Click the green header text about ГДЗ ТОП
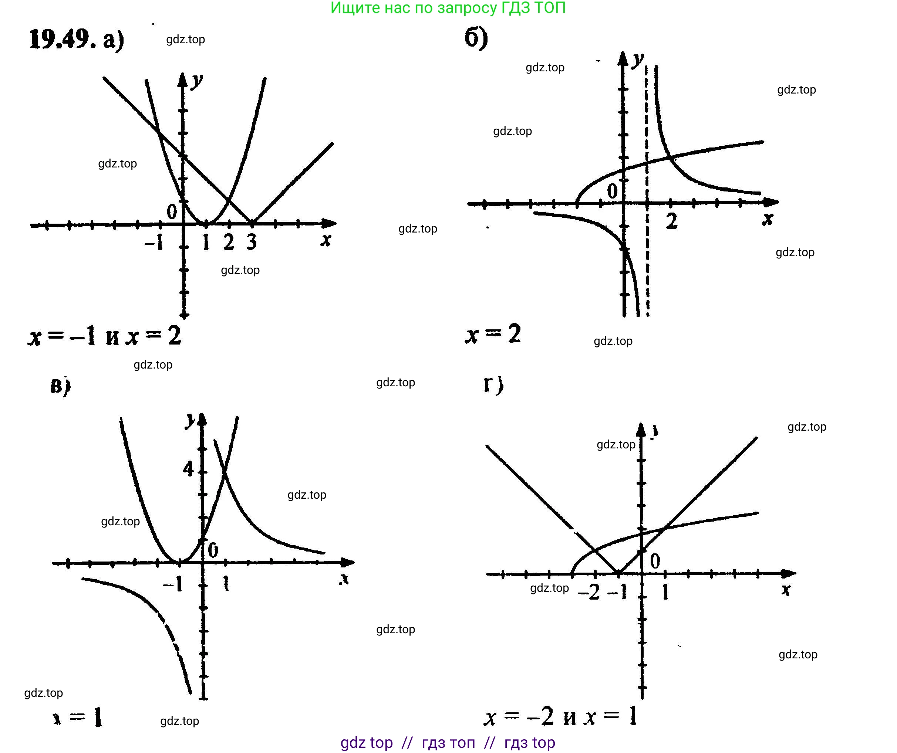click(x=448, y=8)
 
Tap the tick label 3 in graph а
click(x=252, y=242)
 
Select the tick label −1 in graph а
click(x=154, y=243)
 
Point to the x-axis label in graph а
click(x=326, y=240)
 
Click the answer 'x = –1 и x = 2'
click(x=105, y=336)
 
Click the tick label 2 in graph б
click(x=671, y=221)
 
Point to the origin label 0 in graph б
click(x=612, y=191)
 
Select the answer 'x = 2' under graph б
click(x=493, y=334)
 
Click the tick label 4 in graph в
click(x=188, y=469)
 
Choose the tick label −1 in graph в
click(x=173, y=584)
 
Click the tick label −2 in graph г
click(x=589, y=593)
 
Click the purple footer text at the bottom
click(x=448, y=743)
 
